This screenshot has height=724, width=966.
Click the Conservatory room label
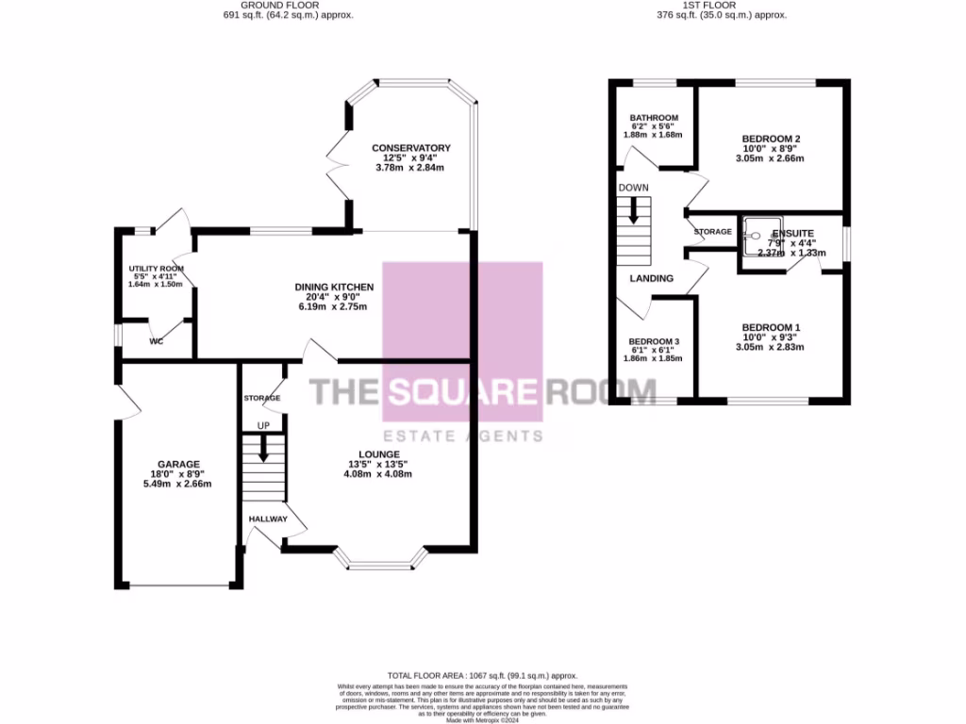[x=410, y=148]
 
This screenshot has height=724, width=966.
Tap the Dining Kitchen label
[x=334, y=287]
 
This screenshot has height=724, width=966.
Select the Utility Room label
[x=156, y=269]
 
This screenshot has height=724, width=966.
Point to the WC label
[x=157, y=341]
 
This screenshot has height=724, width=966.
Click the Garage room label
[x=178, y=464]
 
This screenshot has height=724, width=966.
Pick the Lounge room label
[x=378, y=453]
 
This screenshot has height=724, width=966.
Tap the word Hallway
[x=268, y=519]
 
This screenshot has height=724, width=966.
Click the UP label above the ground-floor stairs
[x=264, y=426]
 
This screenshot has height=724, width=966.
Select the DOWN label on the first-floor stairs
[x=634, y=188]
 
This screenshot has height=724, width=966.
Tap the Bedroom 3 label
[x=654, y=341]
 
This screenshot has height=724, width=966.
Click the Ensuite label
[x=791, y=233]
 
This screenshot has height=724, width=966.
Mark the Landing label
[x=652, y=278]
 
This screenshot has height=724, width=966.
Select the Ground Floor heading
[x=285, y=5]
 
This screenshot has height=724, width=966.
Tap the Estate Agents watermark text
[x=462, y=436]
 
